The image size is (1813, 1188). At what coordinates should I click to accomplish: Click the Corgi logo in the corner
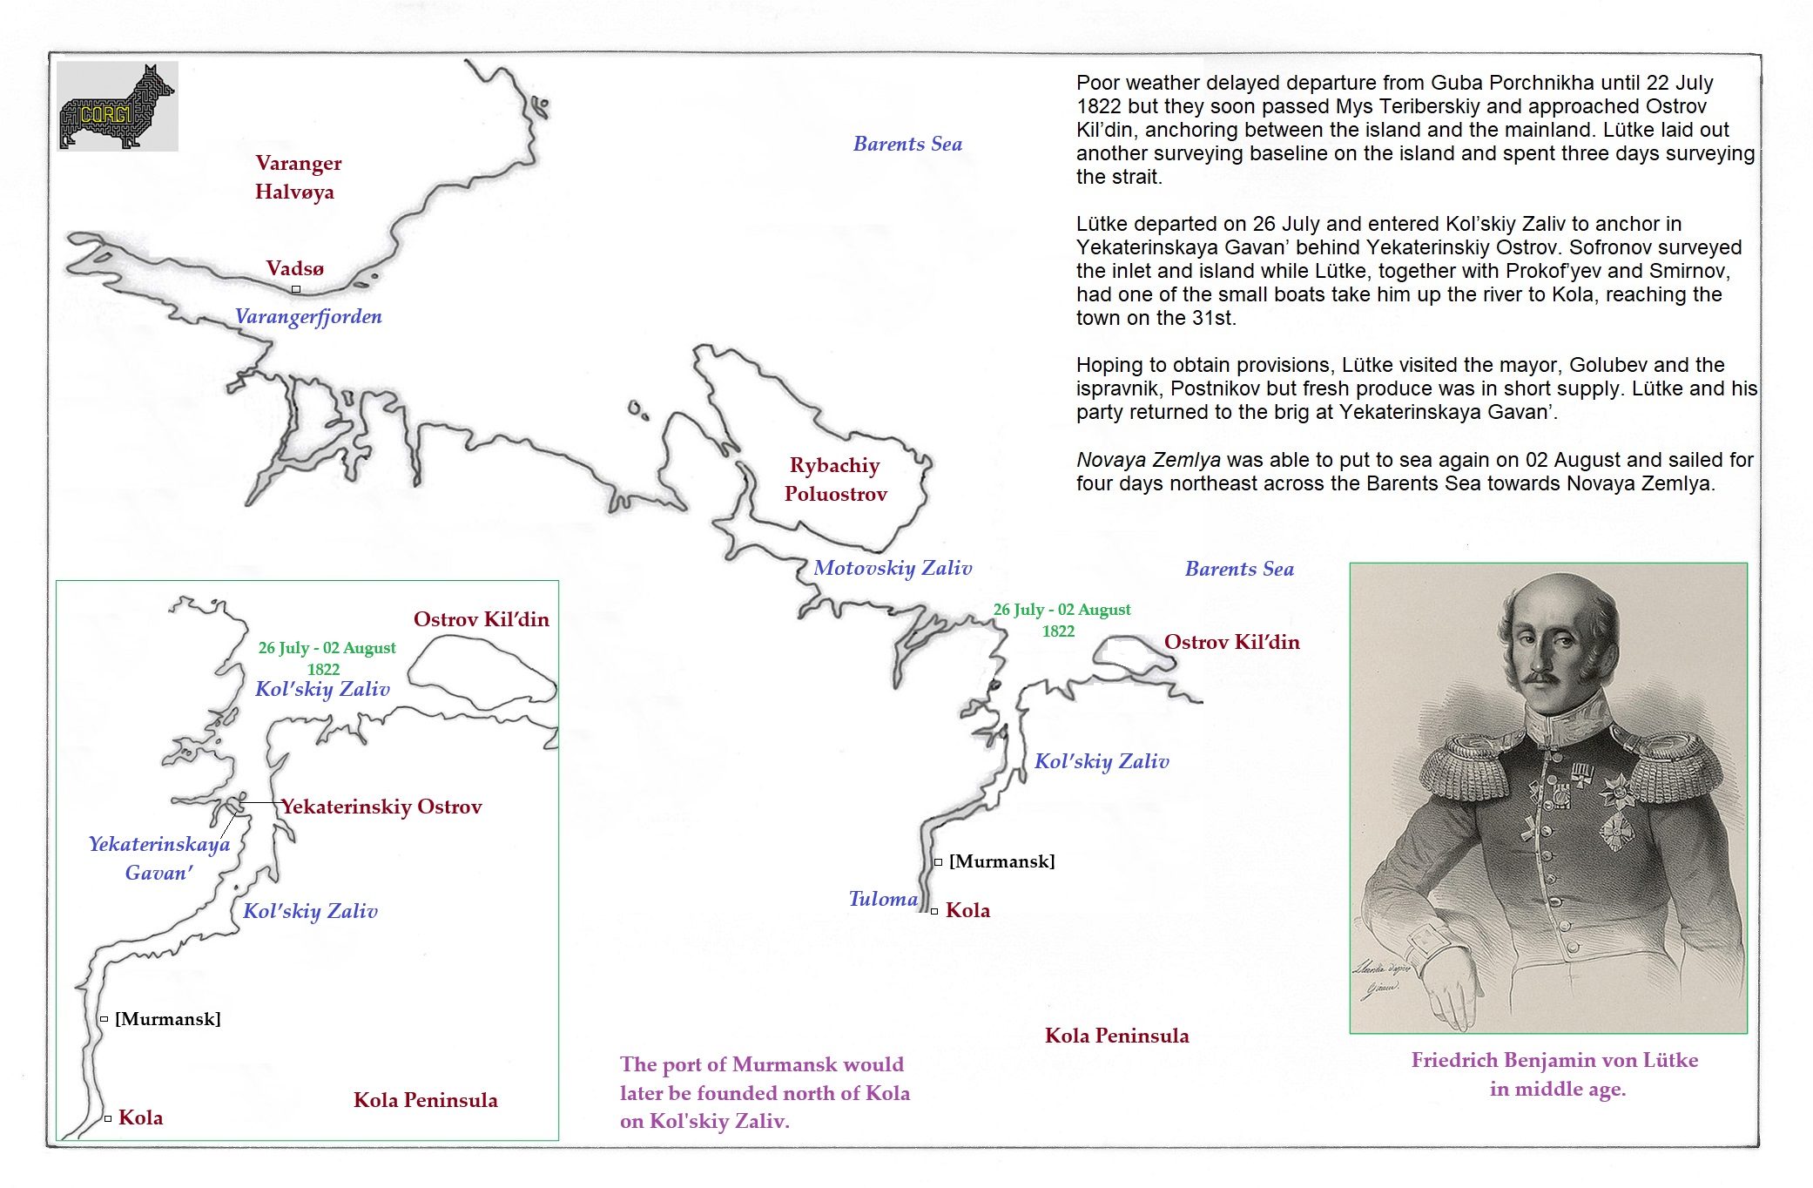(x=118, y=106)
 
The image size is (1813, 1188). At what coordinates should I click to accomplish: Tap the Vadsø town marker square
(x=296, y=289)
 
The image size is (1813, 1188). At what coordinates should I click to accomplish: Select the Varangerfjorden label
(x=308, y=316)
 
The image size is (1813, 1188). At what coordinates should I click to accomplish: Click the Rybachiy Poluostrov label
(x=835, y=479)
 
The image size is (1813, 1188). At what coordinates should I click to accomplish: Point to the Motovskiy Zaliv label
(x=893, y=568)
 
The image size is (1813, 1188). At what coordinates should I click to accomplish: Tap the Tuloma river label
(x=883, y=899)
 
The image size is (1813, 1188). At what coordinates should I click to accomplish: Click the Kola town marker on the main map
(x=934, y=911)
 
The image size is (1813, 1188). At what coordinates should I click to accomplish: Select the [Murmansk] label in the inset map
(x=167, y=1019)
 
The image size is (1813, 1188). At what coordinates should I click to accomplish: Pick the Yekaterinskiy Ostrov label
(x=381, y=807)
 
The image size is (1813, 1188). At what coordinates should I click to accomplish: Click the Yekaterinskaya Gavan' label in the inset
(x=159, y=858)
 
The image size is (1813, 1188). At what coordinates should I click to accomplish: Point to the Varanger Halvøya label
(x=297, y=177)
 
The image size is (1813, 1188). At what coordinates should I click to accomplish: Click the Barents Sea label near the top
(x=907, y=144)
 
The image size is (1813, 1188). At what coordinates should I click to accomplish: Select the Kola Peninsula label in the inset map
(x=425, y=1100)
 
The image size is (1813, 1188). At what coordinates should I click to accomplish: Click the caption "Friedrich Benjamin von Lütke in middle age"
(x=1555, y=1074)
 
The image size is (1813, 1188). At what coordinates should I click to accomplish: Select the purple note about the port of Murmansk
(x=765, y=1092)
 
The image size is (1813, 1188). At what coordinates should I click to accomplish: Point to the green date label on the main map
(x=1062, y=620)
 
